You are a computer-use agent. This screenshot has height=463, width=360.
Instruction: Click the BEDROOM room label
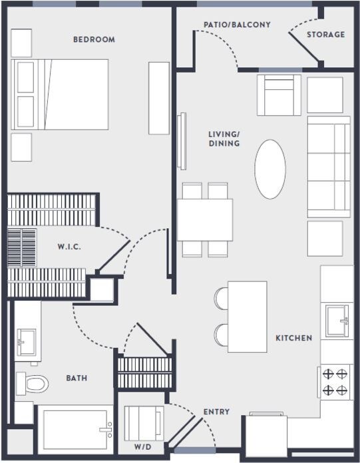(x=94, y=39)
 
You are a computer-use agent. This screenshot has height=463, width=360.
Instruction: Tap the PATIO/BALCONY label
(x=237, y=25)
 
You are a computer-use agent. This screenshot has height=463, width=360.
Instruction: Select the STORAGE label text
(x=325, y=35)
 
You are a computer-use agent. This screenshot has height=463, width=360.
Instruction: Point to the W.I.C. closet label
(x=69, y=247)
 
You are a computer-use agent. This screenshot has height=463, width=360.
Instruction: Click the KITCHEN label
(x=293, y=338)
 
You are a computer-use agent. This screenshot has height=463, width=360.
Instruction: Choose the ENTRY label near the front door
(x=216, y=412)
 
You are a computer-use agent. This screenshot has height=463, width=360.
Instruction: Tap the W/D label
(x=142, y=446)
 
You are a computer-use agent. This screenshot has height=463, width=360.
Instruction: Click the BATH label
(x=77, y=378)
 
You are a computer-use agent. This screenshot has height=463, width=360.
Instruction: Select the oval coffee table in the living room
(x=270, y=169)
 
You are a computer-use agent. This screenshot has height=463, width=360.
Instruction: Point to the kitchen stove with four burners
(x=335, y=382)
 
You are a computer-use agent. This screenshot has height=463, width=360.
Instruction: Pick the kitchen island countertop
(x=247, y=317)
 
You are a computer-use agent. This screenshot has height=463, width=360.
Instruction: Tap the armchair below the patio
(x=279, y=95)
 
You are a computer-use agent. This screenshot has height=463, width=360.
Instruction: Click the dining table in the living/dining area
(x=205, y=220)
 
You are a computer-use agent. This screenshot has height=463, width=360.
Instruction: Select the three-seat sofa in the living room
(x=328, y=166)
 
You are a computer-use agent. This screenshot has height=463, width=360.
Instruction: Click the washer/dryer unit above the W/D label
(x=142, y=422)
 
